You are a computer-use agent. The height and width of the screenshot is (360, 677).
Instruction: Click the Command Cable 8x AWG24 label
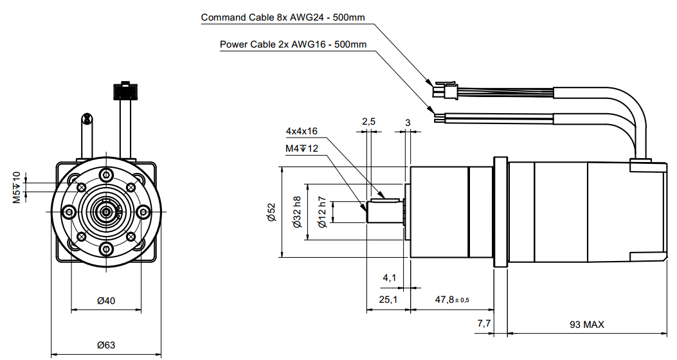coord(283,17)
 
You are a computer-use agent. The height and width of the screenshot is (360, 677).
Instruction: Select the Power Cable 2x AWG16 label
coord(293,44)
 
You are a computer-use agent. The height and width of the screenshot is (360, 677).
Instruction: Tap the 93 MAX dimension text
coord(586,325)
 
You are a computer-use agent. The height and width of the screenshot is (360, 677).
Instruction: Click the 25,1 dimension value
coord(388,300)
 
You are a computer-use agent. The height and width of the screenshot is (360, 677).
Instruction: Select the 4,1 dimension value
coord(390,278)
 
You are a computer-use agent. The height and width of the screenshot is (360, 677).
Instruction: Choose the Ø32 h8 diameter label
coord(297,212)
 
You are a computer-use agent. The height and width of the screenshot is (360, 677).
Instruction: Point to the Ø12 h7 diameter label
coord(322,212)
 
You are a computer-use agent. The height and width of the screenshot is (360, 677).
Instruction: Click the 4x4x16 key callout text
coord(302,131)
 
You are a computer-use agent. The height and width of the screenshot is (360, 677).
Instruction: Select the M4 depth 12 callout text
coord(302,148)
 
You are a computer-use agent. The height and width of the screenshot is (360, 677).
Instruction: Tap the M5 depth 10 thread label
coord(17,187)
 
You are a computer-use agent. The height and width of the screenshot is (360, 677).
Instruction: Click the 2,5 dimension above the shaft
coord(368,122)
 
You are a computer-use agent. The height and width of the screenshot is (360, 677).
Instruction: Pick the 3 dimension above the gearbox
coord(408,122)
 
